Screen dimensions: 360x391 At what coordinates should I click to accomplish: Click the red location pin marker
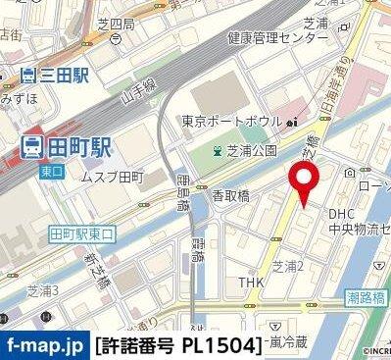pos(305,183)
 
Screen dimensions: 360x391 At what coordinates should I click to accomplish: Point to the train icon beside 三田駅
pos(28,74)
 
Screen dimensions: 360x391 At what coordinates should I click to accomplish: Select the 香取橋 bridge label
pos(231,196)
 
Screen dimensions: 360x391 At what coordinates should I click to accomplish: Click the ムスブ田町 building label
pos(112,177)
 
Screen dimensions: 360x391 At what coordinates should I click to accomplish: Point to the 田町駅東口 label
pos(83,233)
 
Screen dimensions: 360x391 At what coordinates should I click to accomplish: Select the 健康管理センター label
pos(277,37)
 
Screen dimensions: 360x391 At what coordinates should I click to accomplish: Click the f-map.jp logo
pos(44,345)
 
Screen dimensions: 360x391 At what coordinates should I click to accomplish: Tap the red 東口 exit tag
pos(52,168)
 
